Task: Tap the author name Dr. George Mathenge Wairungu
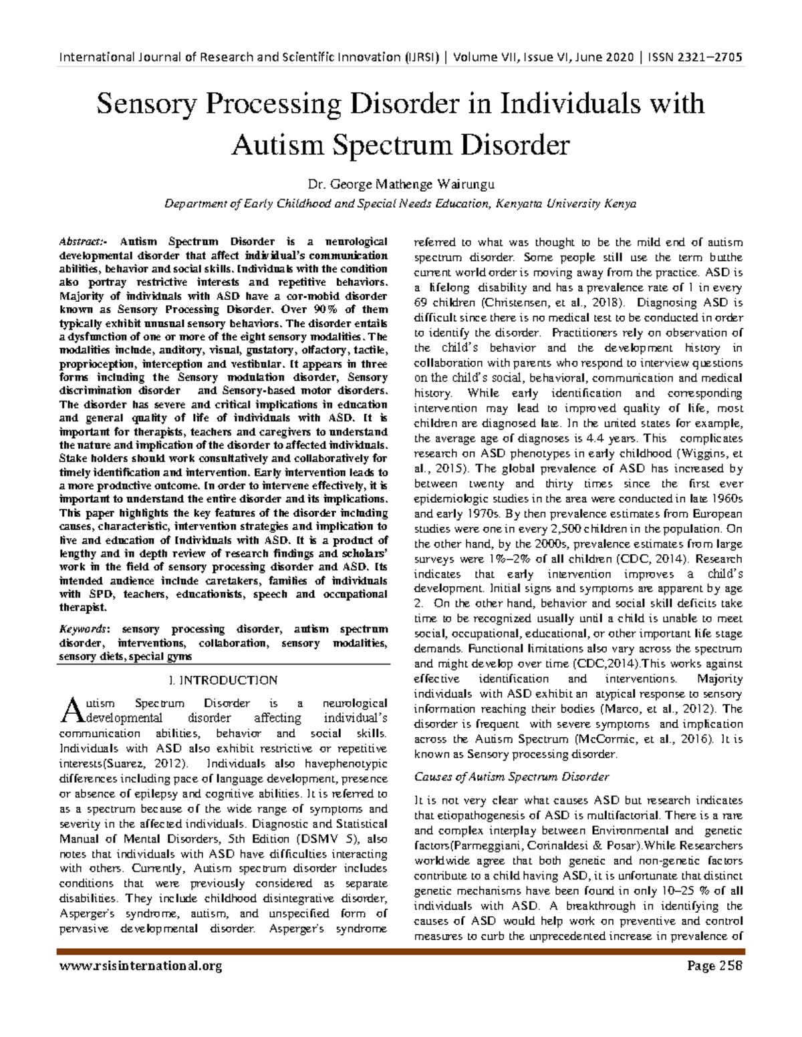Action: coord(400,184)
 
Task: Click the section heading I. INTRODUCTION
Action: coord(224,680)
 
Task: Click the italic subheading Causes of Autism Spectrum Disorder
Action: coord(512,777)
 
